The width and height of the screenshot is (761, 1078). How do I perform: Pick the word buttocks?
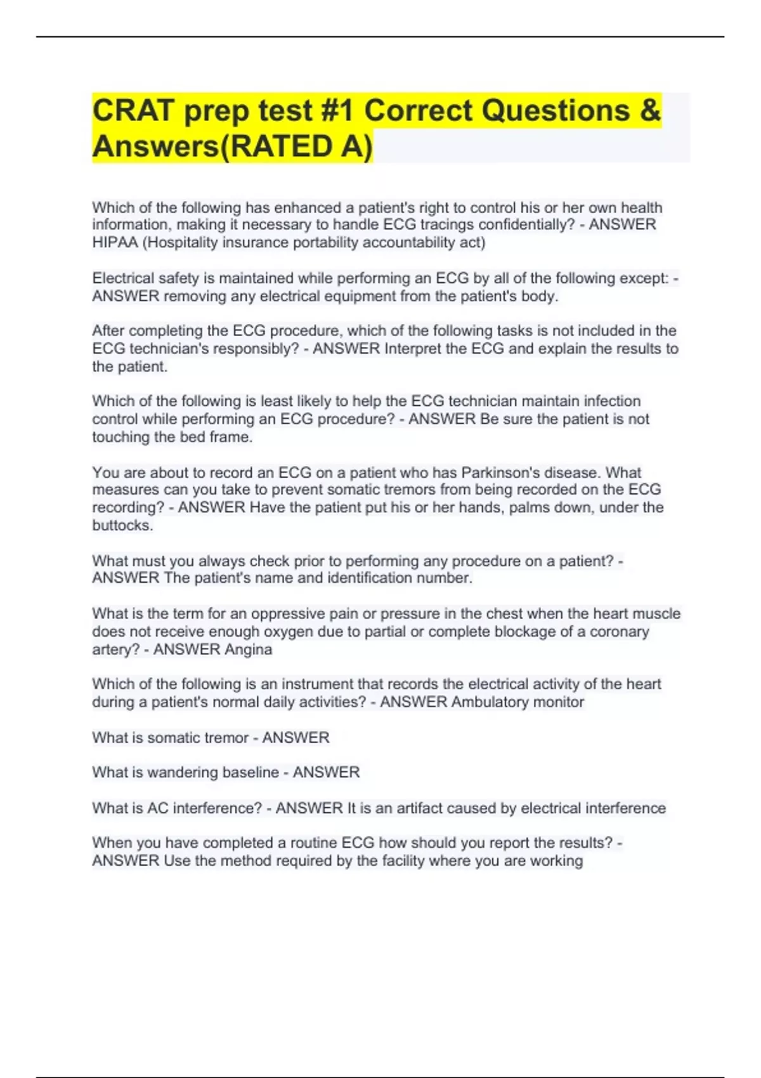pyautogui.click(x=122, y=526)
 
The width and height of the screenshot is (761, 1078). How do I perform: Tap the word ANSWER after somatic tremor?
pyautogui.click(x=296, y=737)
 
